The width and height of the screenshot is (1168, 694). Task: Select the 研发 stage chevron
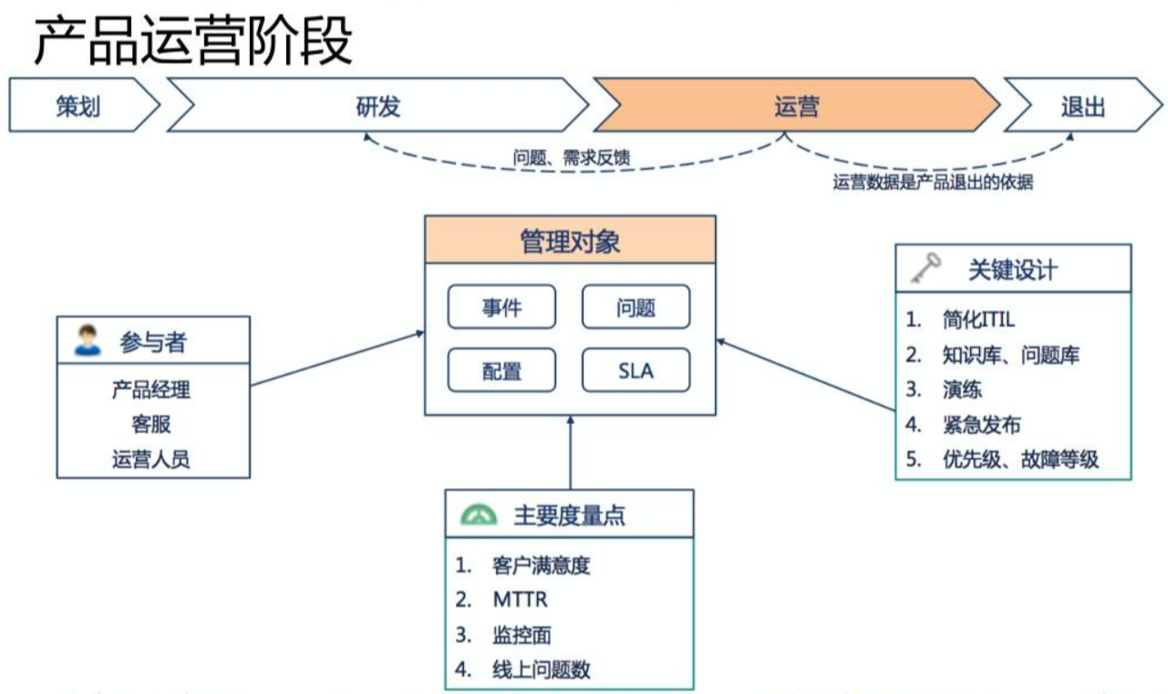(377, 107)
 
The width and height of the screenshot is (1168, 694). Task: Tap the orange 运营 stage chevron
(796, 107)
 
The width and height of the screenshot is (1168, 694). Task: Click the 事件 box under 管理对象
(502, 307)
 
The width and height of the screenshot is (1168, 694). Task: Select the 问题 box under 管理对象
(636, 307)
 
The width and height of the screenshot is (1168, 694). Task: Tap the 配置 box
(502, 371)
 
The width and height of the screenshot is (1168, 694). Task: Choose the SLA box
(636, 371)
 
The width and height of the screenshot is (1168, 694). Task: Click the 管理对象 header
(571, 243)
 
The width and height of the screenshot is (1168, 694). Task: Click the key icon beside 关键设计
(926, 267)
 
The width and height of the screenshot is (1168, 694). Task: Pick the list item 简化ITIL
(978, 319)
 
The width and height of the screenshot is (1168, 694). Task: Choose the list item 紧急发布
(981, 424)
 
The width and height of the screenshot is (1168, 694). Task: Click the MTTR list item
(520, 600)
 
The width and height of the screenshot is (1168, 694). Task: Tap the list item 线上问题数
(542, 669)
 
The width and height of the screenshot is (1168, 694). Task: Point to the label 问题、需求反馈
(572, 159)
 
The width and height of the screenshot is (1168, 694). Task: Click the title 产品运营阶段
(193, 42)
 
